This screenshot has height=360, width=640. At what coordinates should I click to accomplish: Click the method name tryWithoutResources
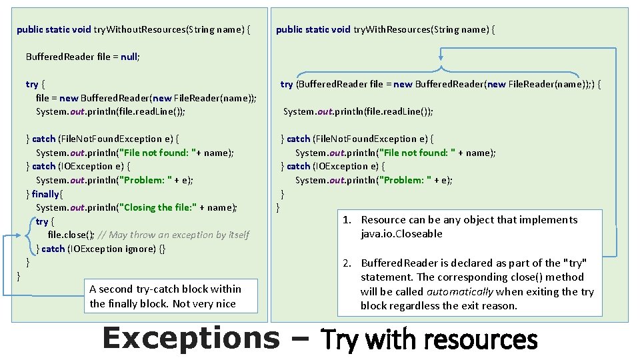tap(139, 29)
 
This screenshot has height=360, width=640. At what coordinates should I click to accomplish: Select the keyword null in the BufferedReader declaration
tap(129, 57)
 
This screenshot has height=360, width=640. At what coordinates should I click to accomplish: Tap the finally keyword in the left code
tap(45, 194)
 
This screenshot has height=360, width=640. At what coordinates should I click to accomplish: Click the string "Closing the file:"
tap(157, 207)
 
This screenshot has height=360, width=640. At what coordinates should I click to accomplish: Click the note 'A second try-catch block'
tap(165, 289)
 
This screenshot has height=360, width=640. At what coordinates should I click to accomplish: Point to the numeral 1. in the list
tap(347, 220)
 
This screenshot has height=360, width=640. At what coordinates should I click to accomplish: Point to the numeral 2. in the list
tap(347, 263)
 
